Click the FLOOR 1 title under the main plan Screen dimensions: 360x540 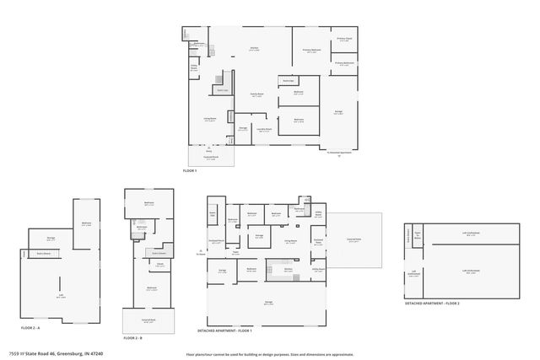190,171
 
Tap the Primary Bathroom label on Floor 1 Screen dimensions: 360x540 343,63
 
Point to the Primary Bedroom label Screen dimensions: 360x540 312,51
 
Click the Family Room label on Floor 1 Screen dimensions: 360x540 257,94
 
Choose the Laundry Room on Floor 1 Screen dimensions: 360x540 264,130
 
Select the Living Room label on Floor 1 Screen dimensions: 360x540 209,120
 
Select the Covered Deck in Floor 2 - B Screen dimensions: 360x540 148,321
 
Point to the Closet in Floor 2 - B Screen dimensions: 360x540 159,264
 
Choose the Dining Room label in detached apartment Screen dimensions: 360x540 290,242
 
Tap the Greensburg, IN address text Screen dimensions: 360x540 59,354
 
